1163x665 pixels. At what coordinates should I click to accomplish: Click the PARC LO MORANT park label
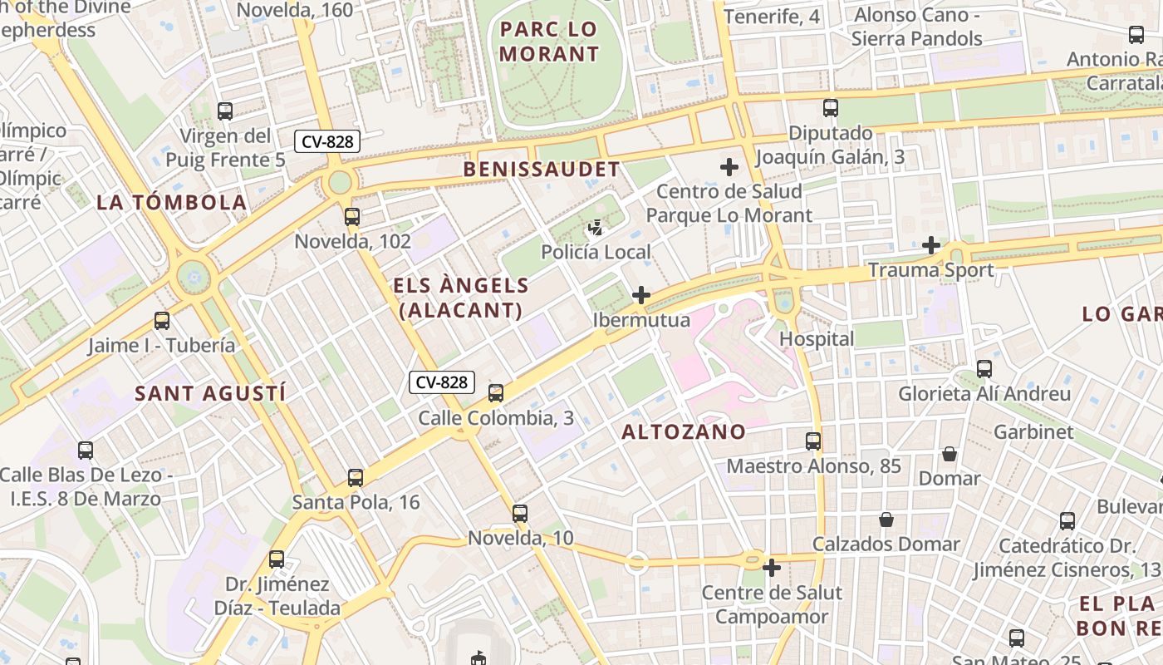548,42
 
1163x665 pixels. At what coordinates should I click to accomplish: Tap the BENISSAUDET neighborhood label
541,170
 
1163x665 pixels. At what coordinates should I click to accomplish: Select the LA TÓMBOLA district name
172,202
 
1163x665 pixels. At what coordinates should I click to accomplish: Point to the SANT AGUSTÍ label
210,393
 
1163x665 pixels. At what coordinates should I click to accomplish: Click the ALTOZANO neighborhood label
684,431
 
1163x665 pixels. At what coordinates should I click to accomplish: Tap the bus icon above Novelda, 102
352,217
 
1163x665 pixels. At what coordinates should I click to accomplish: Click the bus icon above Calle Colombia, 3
496,392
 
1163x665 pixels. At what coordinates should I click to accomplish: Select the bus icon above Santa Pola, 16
356,477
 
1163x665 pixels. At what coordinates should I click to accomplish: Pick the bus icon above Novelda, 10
520,513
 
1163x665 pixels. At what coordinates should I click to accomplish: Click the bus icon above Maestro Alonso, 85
813,441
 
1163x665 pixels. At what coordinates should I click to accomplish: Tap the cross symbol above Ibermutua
641,295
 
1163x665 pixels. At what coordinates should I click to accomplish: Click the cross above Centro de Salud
729,167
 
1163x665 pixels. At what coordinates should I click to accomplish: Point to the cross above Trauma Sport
931,245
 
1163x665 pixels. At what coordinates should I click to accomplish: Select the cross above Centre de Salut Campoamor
772,568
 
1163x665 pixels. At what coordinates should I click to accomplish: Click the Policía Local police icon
596,227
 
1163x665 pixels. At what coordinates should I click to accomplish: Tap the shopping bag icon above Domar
950,454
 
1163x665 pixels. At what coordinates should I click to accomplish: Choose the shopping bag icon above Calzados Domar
886,520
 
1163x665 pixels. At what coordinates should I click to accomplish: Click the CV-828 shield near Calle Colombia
441,382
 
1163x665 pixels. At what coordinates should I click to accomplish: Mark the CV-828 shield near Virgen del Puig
327,141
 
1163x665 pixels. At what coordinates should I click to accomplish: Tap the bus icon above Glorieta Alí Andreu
984,368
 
